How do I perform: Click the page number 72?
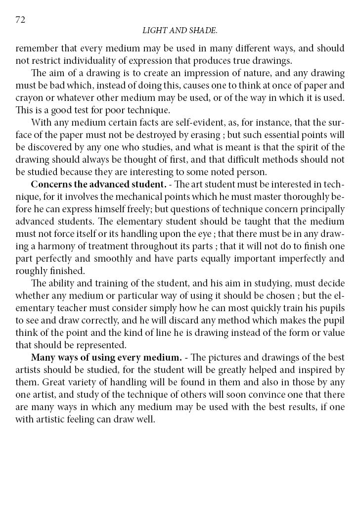tap(20, 20)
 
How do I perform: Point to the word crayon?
tap(29, 97)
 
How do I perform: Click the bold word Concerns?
tap(50, 184)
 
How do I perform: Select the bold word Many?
tap(42, 357)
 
